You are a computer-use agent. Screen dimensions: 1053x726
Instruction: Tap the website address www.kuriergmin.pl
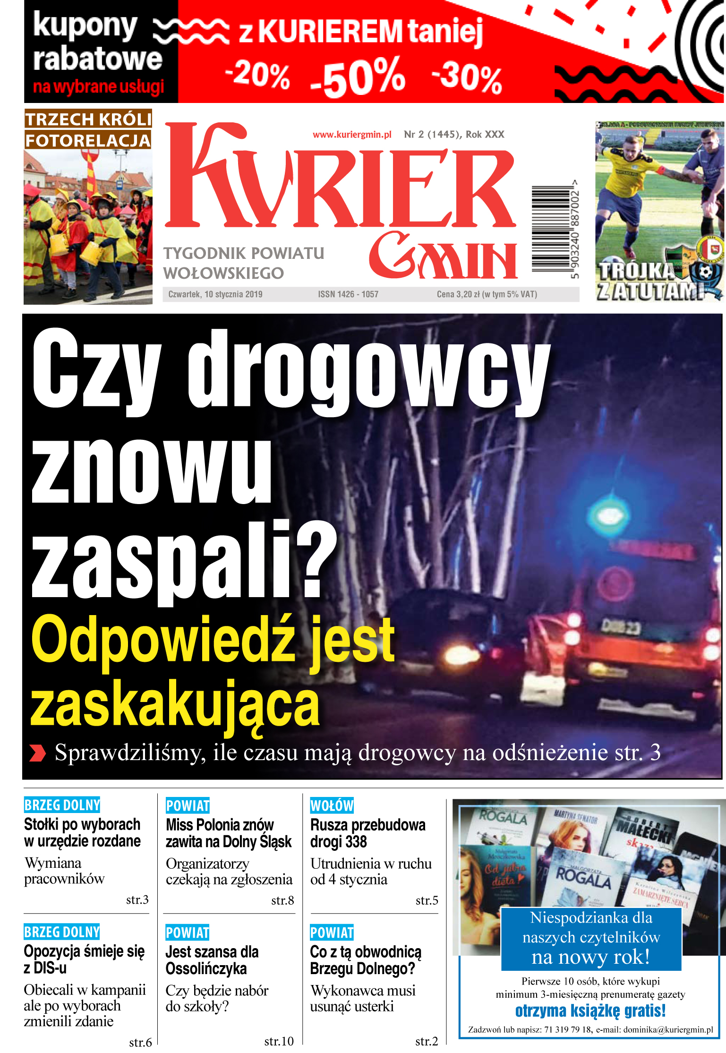click(x=352, y=135)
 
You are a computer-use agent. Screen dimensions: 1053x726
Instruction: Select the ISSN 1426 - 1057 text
click(x=348, y=294)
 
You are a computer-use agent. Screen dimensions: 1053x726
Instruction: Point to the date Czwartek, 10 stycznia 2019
click(x=215, y=294)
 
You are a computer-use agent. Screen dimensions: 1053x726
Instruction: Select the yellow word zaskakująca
click(x=175, y=704)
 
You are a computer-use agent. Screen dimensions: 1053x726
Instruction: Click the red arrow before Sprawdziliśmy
click(x=38, y=753)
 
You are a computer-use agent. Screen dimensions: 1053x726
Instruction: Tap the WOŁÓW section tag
click(x=332, y=805)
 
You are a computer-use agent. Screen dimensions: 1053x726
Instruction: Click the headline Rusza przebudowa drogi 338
click(x=367, y=833)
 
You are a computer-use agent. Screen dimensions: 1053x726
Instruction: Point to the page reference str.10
click(x=279, y=1041)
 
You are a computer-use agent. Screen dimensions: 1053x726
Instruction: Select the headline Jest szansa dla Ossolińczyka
click(x=212, y=960)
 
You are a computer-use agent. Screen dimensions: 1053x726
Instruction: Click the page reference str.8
click(x=282, y=900)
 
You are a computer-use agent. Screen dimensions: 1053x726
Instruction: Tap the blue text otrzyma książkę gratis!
click(x=590, y=1011)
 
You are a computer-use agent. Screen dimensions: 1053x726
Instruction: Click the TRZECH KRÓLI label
click(x=88, y=119)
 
